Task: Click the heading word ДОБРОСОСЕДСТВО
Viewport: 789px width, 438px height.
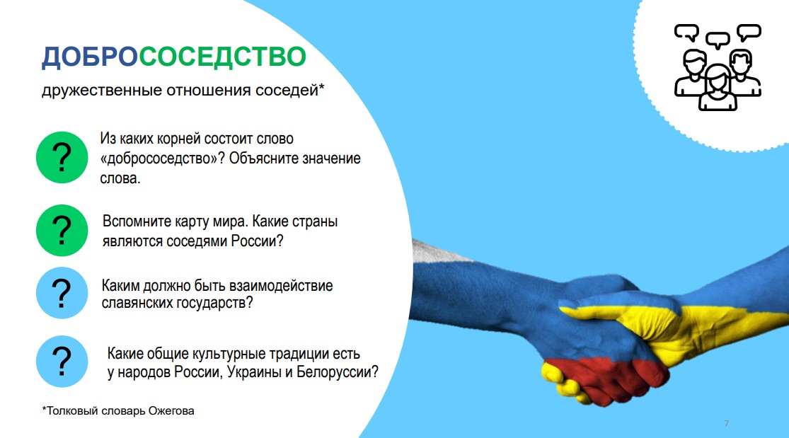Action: tap(173, 57)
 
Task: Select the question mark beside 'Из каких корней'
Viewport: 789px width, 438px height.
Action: tap(62, 158)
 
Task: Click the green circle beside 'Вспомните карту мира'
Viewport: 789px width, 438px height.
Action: tap(62, 231)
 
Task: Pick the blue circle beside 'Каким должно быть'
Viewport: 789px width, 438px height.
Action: tap(62, 293)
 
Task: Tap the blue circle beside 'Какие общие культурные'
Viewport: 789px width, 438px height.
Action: tap(62, 362)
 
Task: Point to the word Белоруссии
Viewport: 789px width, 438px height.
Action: tap(337, 372)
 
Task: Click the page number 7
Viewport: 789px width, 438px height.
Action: tap(726, 423)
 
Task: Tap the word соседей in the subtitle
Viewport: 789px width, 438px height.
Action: tap(287, 91)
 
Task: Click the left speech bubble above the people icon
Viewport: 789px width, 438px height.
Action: tap(687, 33)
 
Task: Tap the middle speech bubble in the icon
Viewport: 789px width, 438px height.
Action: tap(718, 40)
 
